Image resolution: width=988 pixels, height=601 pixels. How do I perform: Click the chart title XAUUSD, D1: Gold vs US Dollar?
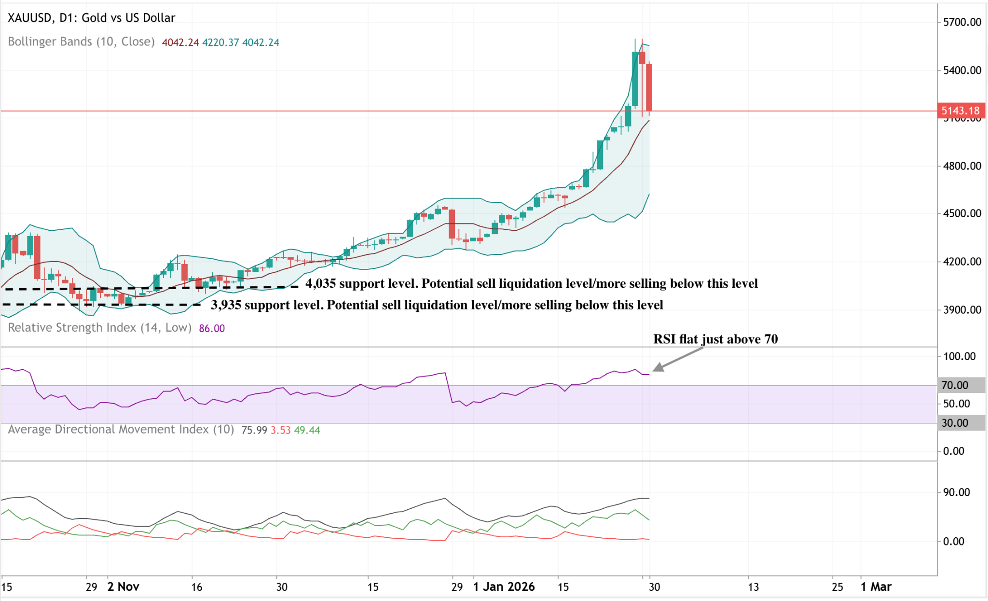[91, 18]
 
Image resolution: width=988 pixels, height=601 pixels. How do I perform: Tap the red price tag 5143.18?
[960, 111]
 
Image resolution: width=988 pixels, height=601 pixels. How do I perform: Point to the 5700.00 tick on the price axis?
[961, 22]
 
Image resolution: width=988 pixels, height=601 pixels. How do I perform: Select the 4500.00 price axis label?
[961, 213]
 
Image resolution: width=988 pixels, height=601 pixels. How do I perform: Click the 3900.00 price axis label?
[961, 310]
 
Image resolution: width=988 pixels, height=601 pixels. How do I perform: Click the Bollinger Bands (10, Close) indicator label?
[81, 42]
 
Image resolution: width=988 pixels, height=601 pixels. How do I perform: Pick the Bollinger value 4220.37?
[220, 42]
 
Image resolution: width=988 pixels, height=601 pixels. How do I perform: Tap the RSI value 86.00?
[212, 329]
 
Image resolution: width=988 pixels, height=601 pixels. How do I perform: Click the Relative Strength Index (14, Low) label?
[99, 328]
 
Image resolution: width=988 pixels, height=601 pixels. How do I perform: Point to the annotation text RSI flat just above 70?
[715, 339]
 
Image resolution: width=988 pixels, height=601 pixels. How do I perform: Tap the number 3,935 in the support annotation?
[226, 305]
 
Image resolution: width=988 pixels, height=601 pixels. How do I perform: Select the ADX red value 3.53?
[280, 430]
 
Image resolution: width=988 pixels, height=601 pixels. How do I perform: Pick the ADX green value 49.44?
[307, 430]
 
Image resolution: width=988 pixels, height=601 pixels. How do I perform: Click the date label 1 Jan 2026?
[504, 587]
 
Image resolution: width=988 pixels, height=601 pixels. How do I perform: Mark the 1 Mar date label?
[876, 587]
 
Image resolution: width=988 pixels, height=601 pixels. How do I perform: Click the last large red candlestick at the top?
[649, 87]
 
